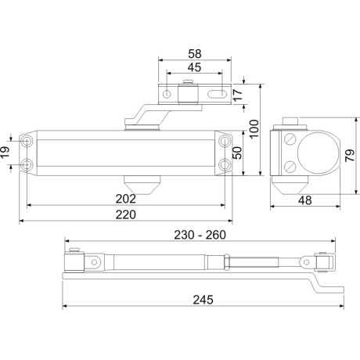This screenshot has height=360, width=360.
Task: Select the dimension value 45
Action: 195,67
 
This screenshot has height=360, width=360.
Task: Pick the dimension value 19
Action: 6,153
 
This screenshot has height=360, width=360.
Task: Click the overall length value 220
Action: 125,214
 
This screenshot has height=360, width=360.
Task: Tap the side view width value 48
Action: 306,200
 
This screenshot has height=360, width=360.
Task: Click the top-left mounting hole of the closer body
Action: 28,142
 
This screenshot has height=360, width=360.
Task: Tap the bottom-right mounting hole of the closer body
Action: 226,164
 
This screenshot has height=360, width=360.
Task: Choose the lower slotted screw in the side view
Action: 290,166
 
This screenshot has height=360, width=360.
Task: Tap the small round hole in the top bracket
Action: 167,94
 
